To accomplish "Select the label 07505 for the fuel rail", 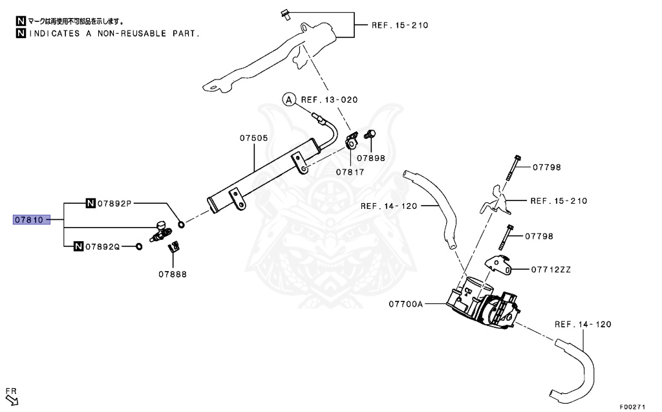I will point(253,138).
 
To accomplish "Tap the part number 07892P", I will point(114,203).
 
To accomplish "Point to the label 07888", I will point(173,274).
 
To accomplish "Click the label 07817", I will point(350,172).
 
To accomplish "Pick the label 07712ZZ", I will point(551,269).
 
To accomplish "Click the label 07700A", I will point(406,303).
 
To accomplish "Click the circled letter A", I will point(288,99).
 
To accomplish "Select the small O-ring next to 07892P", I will point(181,225).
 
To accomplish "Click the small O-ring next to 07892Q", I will point(138,246).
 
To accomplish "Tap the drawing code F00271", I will point(632,407).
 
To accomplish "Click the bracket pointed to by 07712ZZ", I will point(497,265).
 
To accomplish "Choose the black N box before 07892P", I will point(91,203).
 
